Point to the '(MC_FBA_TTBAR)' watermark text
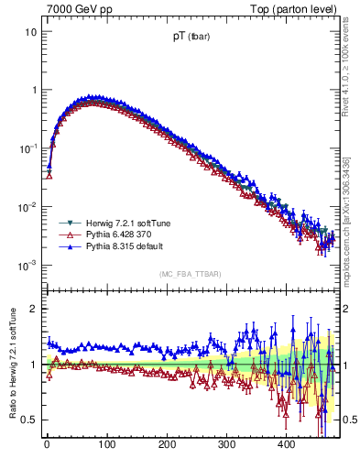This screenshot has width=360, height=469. point(191,275)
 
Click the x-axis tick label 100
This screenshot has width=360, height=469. point(106,444)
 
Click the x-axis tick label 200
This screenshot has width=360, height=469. point(167,444)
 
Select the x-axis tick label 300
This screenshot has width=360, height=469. point(226,444)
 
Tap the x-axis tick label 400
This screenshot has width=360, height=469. point(287,444)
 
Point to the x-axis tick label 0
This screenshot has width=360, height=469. point(47,444)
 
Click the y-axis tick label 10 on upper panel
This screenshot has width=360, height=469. point(29,31)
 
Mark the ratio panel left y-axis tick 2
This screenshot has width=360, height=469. point(33,309)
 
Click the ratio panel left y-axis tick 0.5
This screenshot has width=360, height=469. point(29,420)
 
